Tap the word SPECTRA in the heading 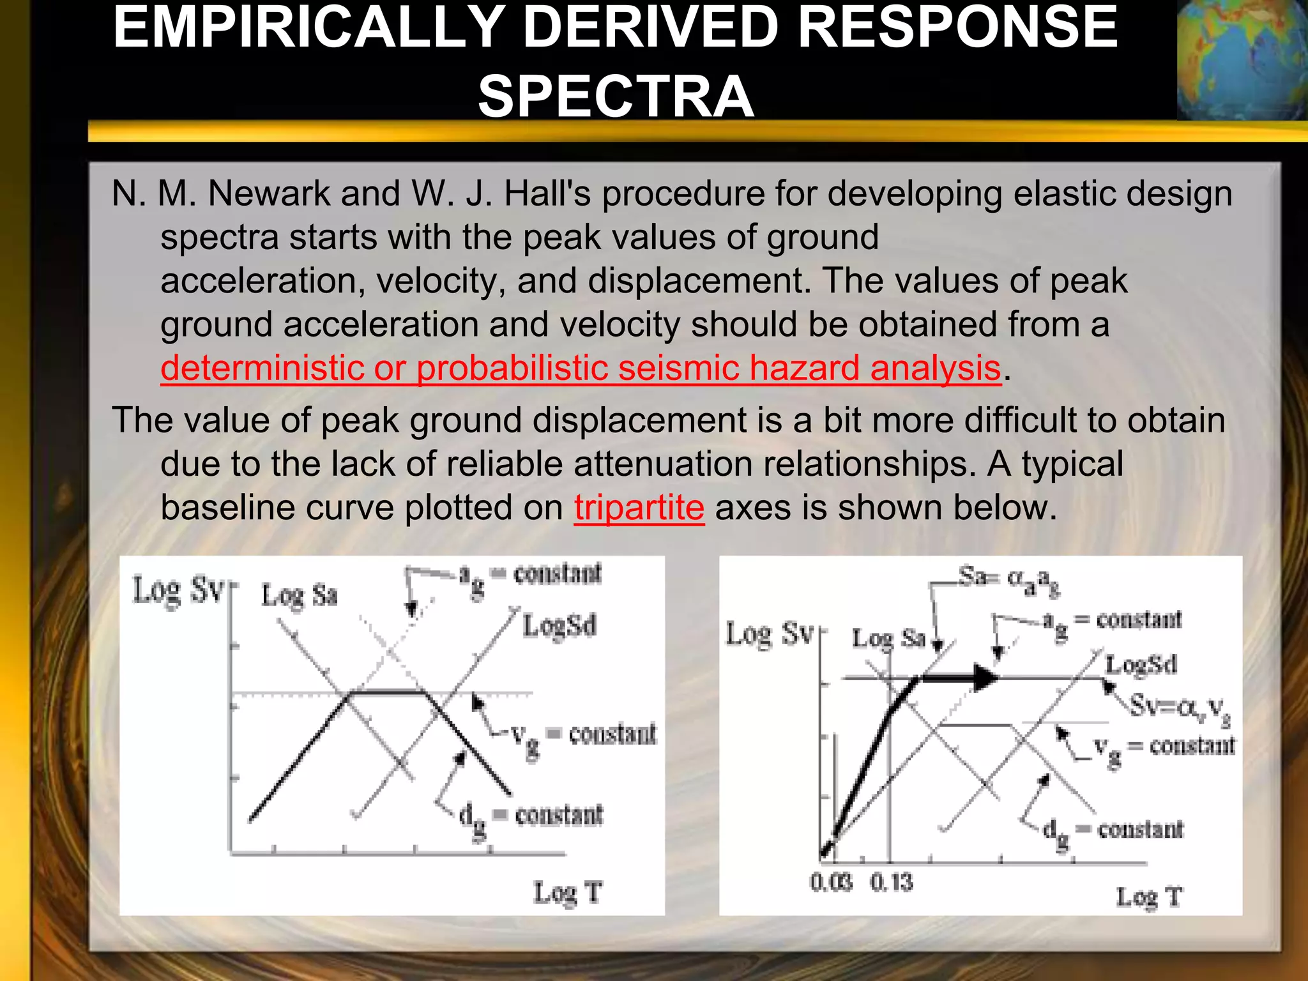click(x=616, y=97)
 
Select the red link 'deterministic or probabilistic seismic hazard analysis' click(x=580, y=369)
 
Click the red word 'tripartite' click(x=639, y=508)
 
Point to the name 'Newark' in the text click(x=269, y=193)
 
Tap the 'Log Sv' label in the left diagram click(x=178, y=591)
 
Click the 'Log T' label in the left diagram click(x=567, y=892)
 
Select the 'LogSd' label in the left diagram click(x=559, y=626)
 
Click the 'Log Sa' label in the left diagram click(x=299, y=596)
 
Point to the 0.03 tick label click(x=830, y=883)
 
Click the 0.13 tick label click(x=892, y=883)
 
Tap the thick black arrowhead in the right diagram click(x=984, y=678)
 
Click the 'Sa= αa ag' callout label click(x=1008, y=580)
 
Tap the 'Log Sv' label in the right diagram click(x=769, y=635)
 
